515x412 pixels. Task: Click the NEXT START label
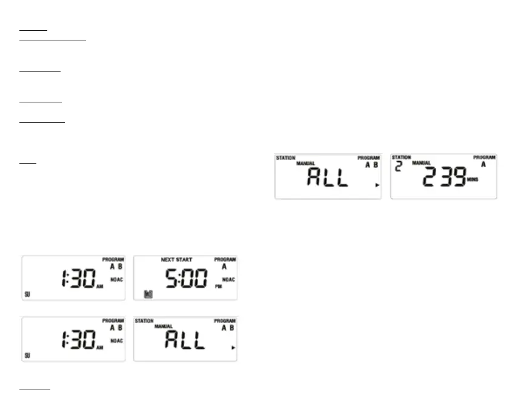(176, 259)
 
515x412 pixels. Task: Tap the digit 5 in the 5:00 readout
(172, 278)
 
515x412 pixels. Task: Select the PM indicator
(218, 286)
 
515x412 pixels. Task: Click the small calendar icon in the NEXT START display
(148, 294)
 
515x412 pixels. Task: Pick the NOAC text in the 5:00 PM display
(228, 279)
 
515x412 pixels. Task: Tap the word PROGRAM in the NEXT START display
(225, 259)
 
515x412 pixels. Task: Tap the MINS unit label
(473, 180)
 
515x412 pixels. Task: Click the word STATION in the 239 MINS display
(401, 158)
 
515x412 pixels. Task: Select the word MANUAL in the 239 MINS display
(422, 163)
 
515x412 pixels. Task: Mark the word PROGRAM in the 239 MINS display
(484, 158)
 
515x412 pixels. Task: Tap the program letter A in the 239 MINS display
(483, 164)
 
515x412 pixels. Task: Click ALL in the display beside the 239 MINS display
(328, 178)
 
